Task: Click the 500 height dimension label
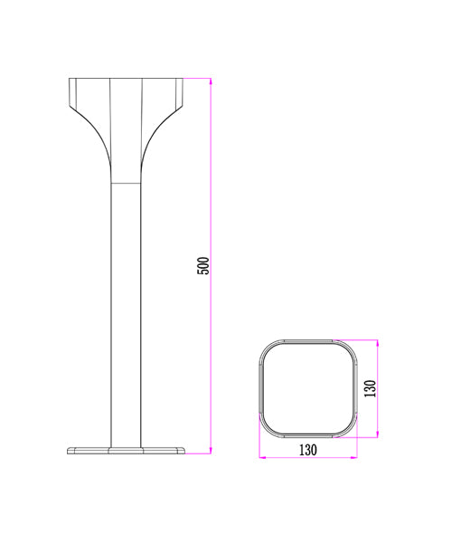203,265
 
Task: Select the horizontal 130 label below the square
308,450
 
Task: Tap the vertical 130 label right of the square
370,388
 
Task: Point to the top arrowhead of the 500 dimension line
210,81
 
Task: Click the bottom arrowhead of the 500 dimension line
210,451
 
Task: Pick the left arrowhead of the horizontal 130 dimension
263,457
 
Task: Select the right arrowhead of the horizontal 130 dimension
353,457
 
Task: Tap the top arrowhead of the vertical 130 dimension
377,343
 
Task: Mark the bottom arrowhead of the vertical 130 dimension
377,433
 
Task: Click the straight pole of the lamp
126,314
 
